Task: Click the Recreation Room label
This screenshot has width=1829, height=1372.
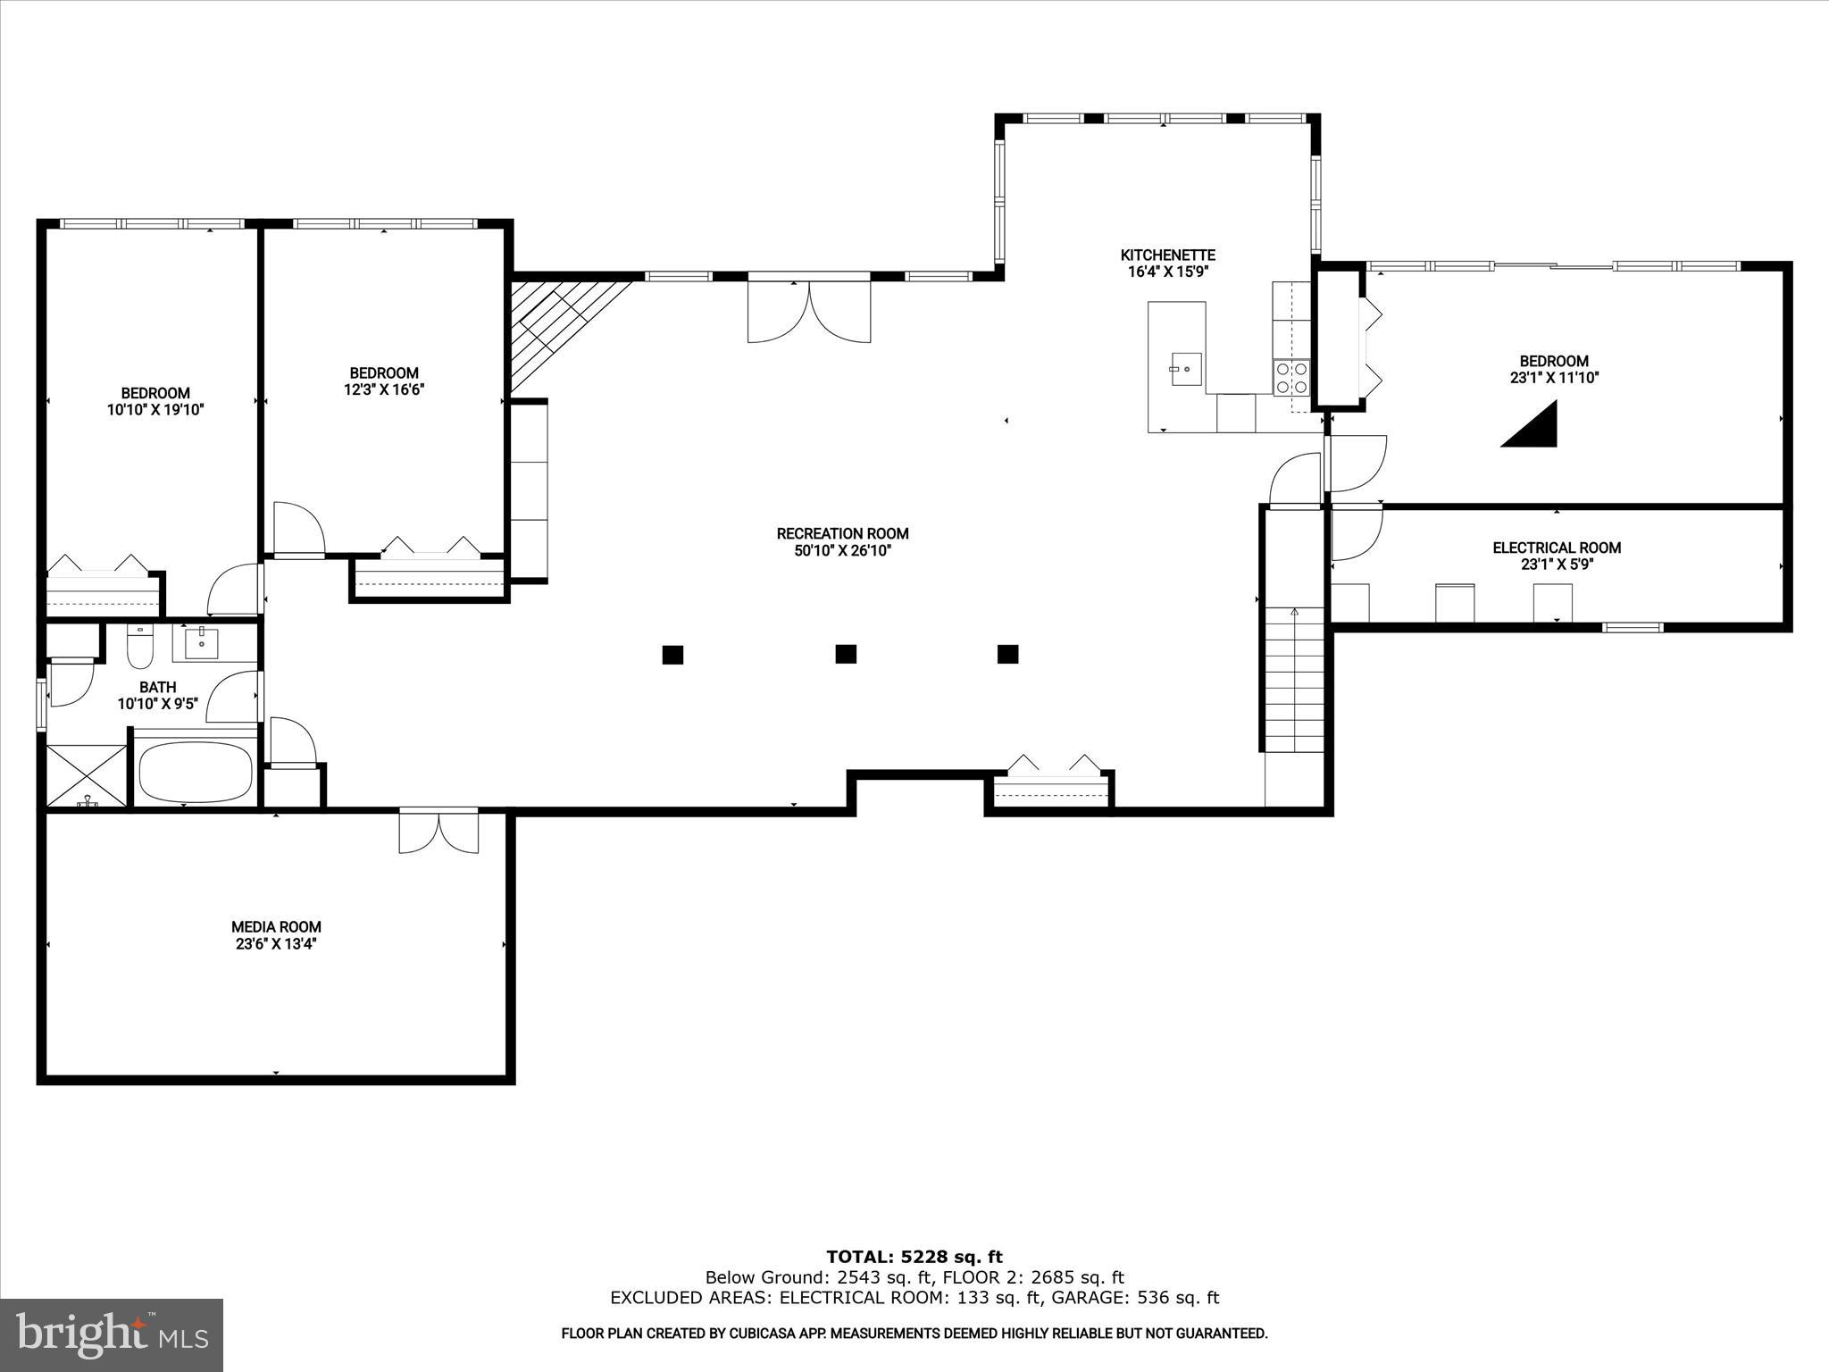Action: pos(842,533)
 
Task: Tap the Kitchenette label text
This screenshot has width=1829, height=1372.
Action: pos(1168,255)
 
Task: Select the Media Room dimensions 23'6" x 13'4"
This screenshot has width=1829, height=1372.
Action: pos(276,943)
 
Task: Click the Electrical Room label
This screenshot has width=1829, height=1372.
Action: pos(1557,548)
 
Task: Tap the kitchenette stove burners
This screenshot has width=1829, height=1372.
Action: pos(1291,377)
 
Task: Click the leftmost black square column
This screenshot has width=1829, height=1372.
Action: pos(672,655)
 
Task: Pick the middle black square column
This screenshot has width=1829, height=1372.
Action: pos(846,654)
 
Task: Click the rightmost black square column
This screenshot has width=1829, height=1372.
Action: pos(1007,654)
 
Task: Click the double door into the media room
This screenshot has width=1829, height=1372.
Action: pos(438,832)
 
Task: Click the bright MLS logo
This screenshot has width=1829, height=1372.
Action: pos(112,1334)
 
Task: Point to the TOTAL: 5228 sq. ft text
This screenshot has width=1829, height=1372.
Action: pos(914,1258)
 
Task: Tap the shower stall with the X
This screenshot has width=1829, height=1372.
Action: pos(87,775)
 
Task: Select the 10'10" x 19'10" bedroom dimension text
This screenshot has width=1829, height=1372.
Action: pos(155,410)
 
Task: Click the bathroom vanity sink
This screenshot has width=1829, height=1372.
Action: pos(203,642)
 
